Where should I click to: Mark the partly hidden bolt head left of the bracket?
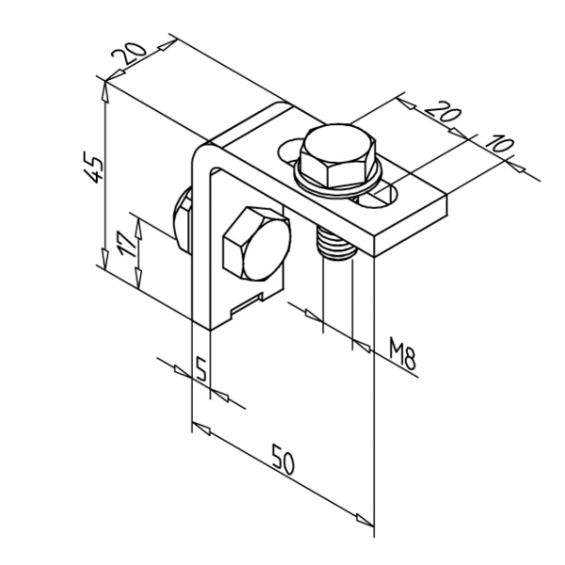pos(181,222)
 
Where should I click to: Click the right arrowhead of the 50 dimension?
pos(367,521)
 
